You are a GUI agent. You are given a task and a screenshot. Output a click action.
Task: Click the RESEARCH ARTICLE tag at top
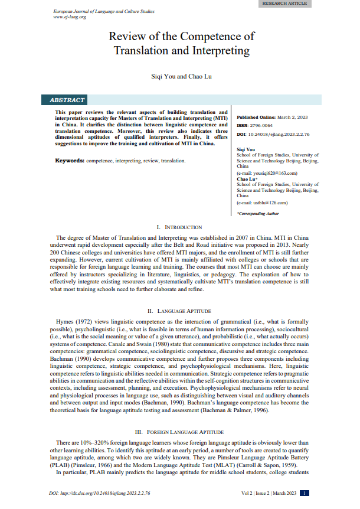click(285, 4)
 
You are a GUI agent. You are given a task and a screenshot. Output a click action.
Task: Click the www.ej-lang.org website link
click(70, 17)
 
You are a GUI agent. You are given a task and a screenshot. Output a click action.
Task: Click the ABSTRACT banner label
click(67, 100)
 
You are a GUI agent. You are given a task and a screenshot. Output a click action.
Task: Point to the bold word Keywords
click(69, 161)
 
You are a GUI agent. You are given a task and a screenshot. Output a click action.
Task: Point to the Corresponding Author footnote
click(258, 213)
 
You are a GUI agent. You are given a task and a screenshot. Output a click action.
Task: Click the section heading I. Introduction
click(179, 227)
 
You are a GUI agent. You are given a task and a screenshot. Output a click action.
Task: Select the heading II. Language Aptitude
click(179, 310)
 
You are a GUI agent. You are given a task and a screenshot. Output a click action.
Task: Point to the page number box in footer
click(304, 493)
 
